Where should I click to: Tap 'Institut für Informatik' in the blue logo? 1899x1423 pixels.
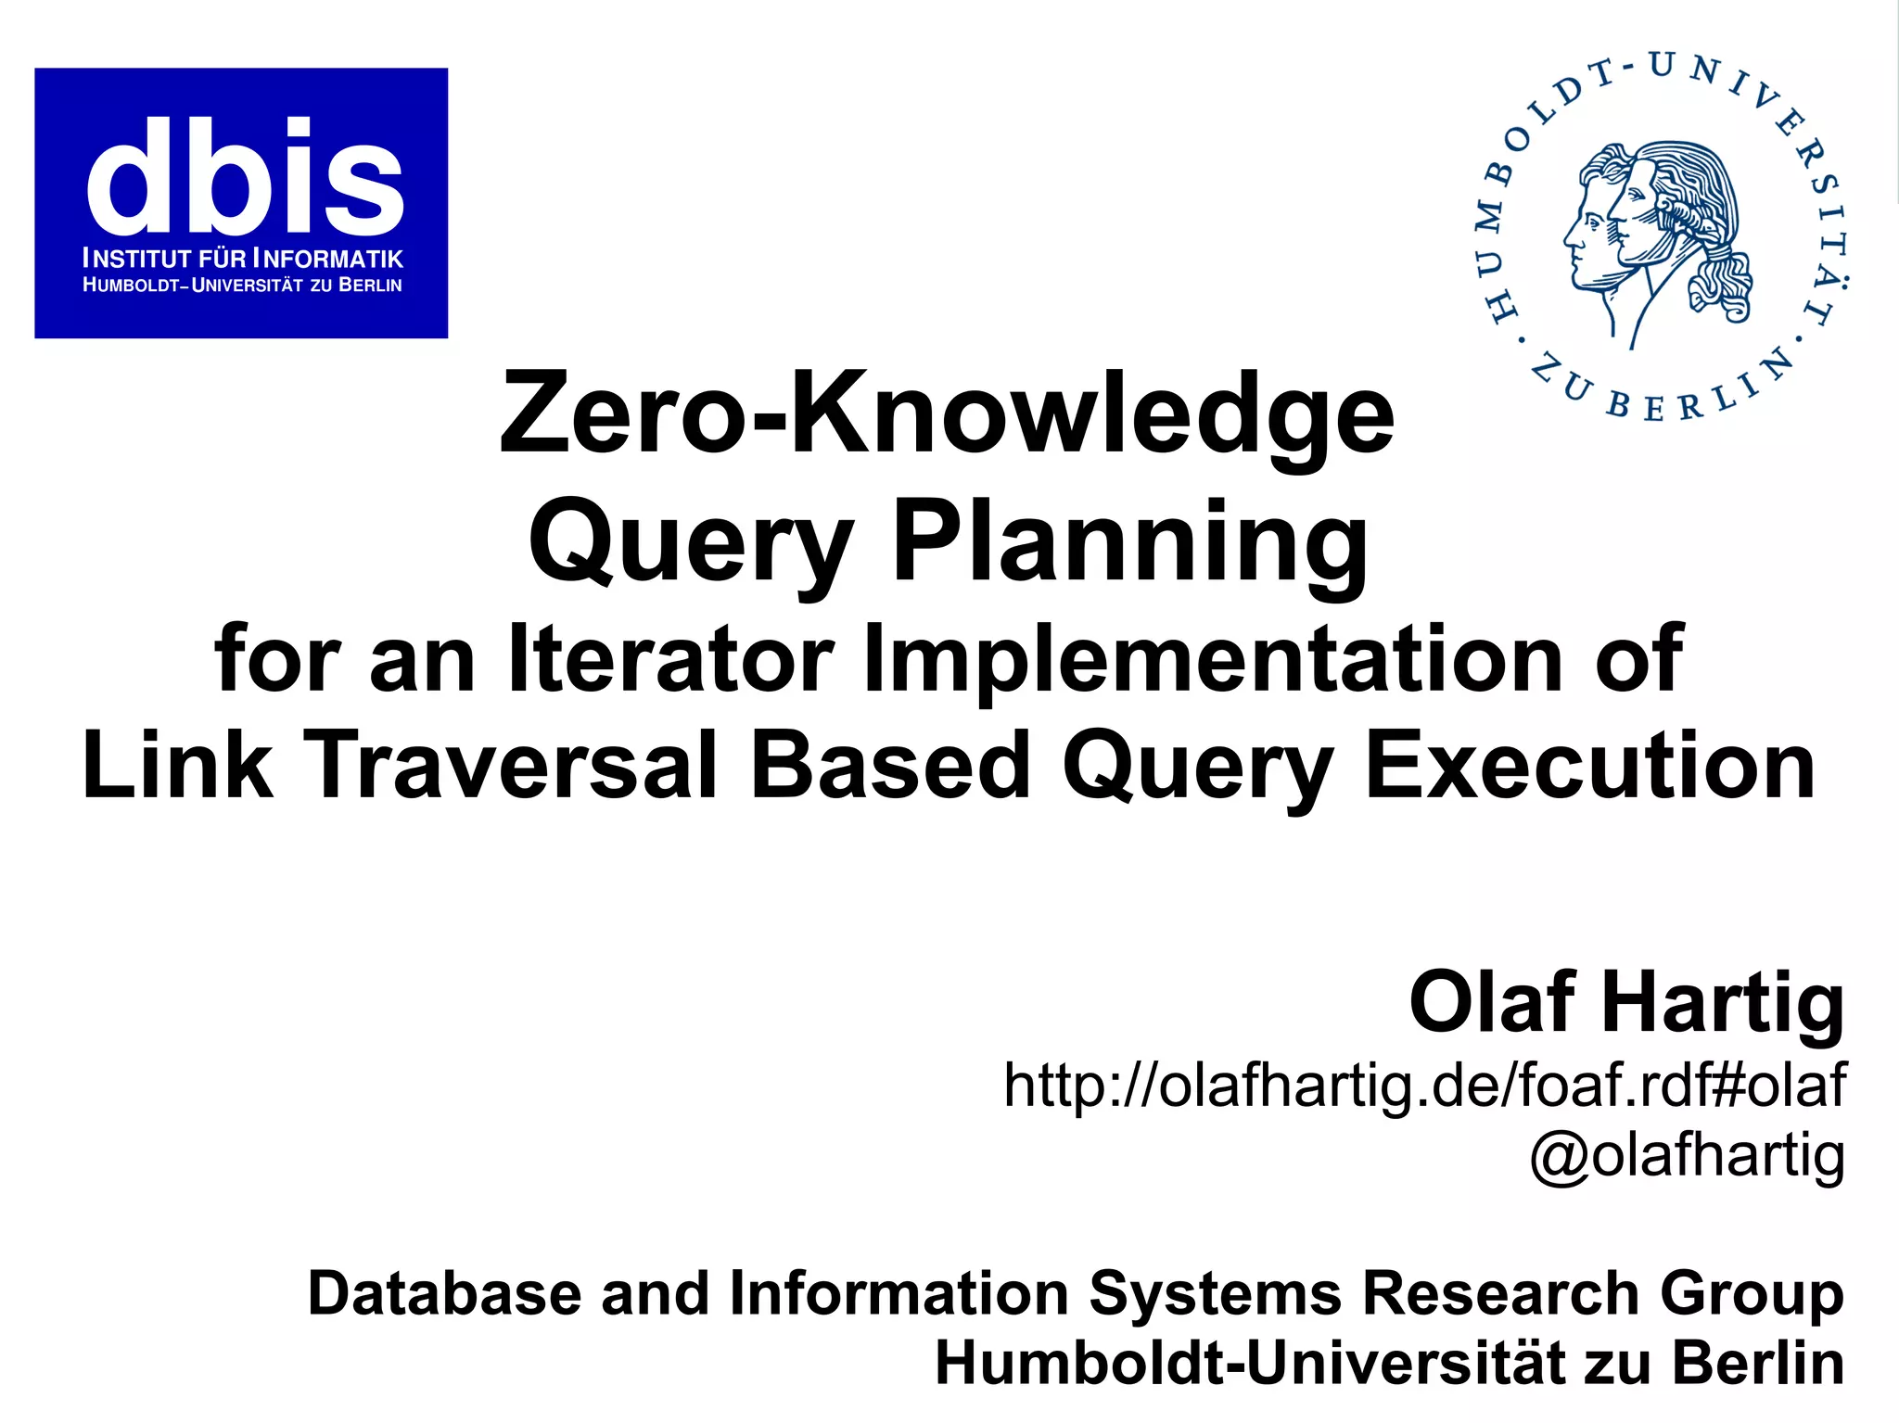[x=243, y=259]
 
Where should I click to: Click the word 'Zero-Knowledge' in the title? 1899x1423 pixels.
[x=947, y=413]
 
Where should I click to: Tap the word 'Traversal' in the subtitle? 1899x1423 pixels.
[x=510, y=766]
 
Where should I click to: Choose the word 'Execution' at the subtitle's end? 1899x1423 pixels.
[x=1590, y=766]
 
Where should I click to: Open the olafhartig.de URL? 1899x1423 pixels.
[x=1424, y=1086]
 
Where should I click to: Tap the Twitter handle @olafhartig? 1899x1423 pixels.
[x=1687, y=1155]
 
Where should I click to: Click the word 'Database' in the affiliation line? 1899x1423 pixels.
[x=444, y=1293]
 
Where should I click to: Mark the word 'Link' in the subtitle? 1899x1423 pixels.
[x=176, y=766]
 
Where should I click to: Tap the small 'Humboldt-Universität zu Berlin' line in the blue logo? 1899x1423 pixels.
[x=243, y=286]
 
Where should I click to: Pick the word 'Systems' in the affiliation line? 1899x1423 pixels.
[x=1215, y=1295]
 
